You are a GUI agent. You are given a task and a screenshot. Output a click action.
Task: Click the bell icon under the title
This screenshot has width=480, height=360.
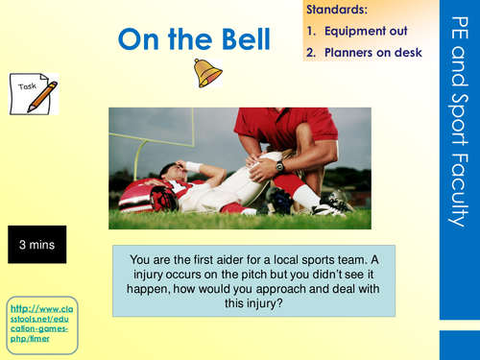tap(207, 73)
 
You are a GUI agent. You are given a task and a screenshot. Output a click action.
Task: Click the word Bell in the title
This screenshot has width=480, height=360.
tap(248, 38)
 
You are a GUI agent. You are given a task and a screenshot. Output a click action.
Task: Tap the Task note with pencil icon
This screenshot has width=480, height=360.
tap(35, 94)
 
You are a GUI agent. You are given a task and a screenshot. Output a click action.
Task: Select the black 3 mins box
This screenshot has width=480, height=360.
tap(36, 246)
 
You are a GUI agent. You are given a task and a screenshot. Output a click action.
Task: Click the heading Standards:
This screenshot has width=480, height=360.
tap(337, 10)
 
